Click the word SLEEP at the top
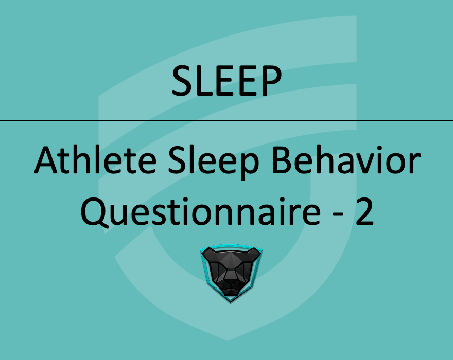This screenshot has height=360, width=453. point(226,81)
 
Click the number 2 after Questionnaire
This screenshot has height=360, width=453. point(363,212)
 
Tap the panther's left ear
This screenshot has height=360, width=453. point(208,253)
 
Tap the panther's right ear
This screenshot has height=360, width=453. point(253,253)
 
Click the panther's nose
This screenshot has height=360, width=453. point(231,281)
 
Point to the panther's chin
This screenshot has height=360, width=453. point(231,292)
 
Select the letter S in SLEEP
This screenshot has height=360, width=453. point(183,81)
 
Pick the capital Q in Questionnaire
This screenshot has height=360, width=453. point(93,212)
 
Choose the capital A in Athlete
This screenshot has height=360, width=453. point(46,161)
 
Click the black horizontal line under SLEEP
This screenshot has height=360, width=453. point(226,121)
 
